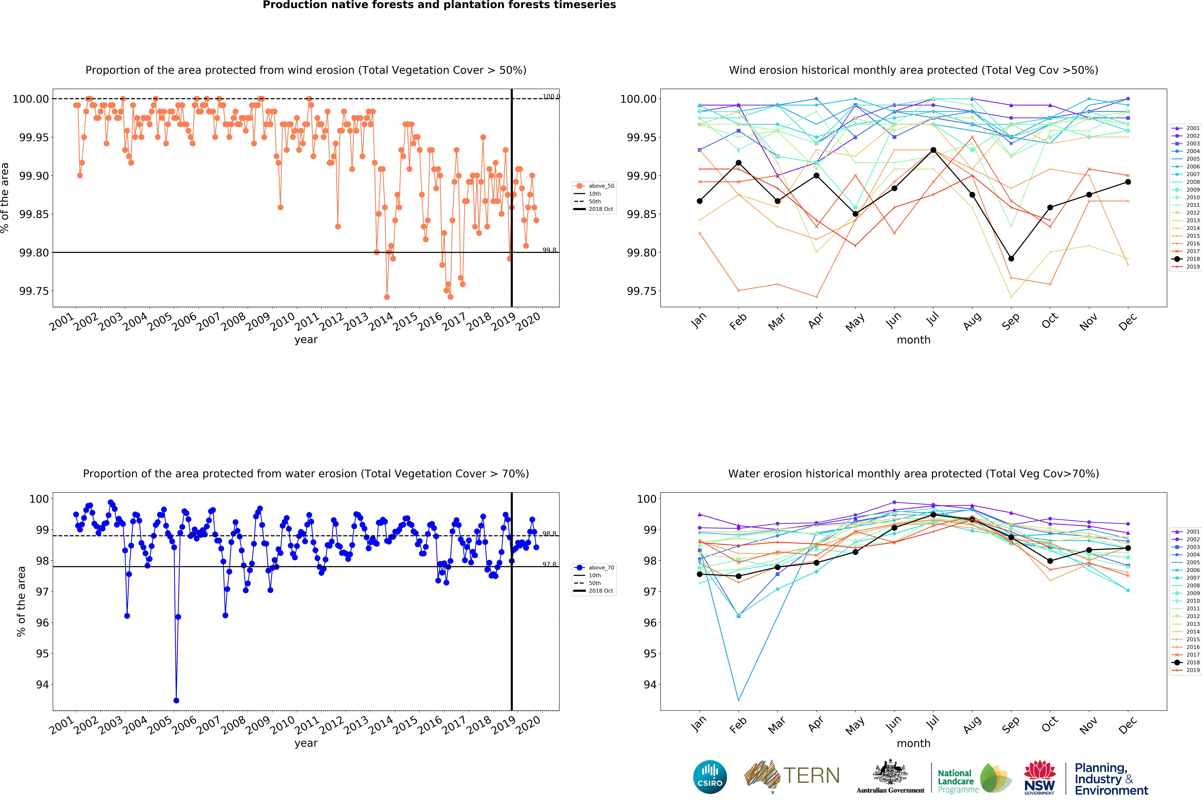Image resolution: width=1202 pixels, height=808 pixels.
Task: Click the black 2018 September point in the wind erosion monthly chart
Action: coord(1011,259)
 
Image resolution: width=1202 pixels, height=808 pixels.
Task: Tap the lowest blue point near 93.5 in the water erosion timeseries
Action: coord(176,700)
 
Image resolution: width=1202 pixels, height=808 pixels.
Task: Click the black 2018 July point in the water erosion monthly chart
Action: coord(933,515)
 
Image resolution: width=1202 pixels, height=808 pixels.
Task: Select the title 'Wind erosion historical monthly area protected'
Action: coord(913,70)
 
